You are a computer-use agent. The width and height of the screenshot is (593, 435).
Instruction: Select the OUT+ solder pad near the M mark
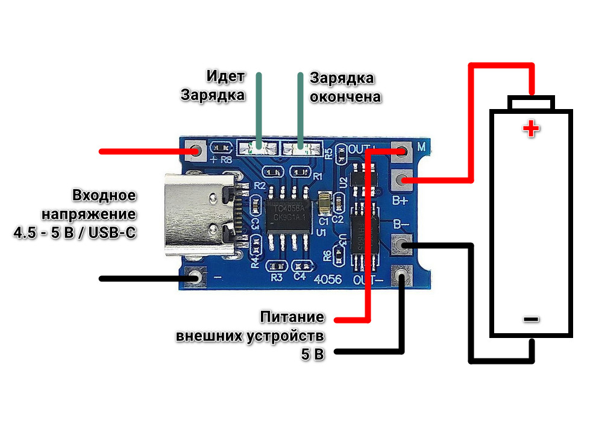click(401, 151)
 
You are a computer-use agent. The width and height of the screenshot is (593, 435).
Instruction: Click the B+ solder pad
click(401, 178)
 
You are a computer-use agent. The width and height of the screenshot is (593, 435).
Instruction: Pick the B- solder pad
click(401, 245)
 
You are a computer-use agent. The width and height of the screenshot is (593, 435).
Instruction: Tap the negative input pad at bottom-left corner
click(195, 278)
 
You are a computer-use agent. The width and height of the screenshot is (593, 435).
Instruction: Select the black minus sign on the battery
click(531, 319)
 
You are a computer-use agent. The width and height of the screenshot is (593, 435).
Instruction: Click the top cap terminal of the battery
click(530, 103)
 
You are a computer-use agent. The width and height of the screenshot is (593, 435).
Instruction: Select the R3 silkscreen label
click(277, 278)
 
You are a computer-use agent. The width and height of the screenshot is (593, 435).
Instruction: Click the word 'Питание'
click(292, 318)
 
